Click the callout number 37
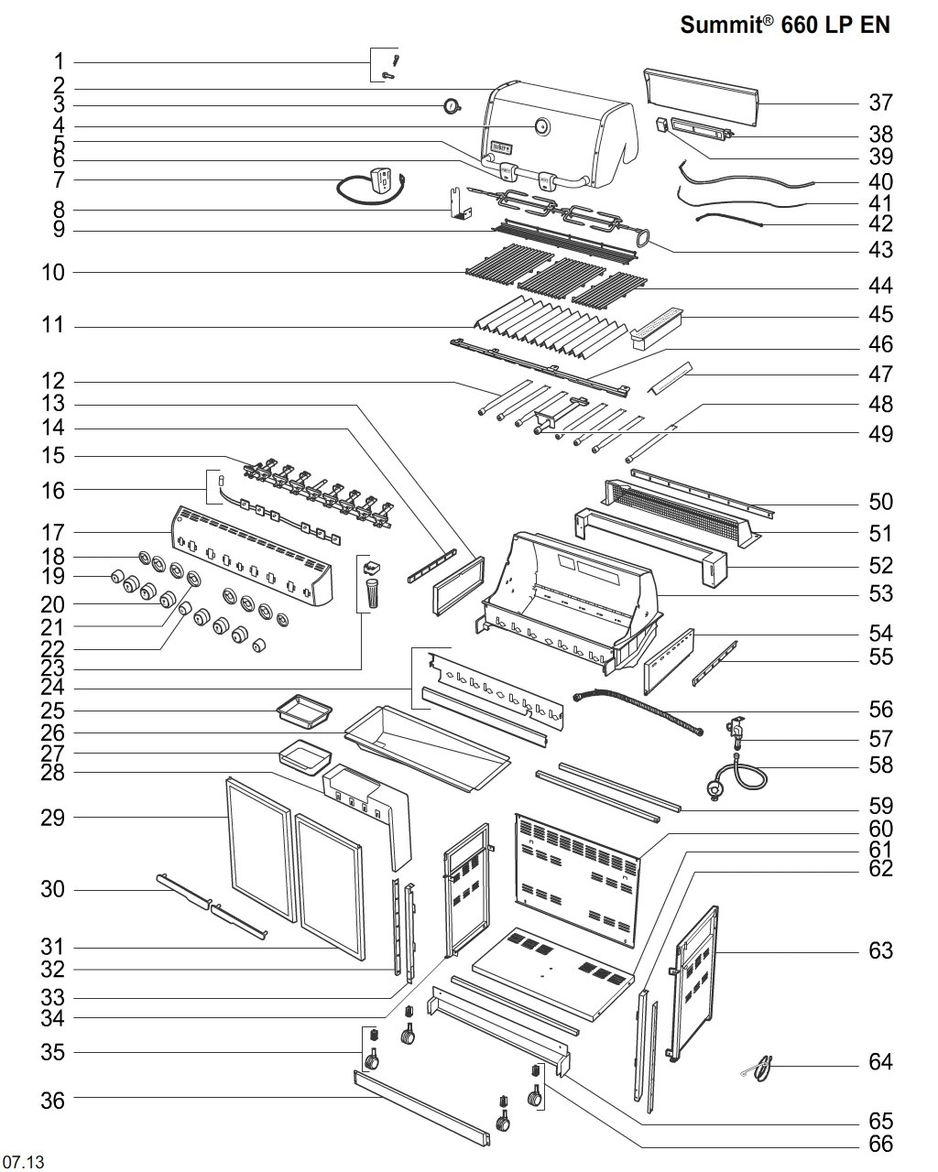pos(880,103)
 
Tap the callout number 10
pos(53,272)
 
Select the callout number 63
pos(880,950)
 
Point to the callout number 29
pos(53,818)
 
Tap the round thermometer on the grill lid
pos(541,126)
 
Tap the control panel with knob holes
pos(251,556)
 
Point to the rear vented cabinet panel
pos(577,880)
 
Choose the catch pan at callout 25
pos(304,711)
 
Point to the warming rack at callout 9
pos(564,240)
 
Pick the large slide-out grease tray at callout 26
pos(427,749)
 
